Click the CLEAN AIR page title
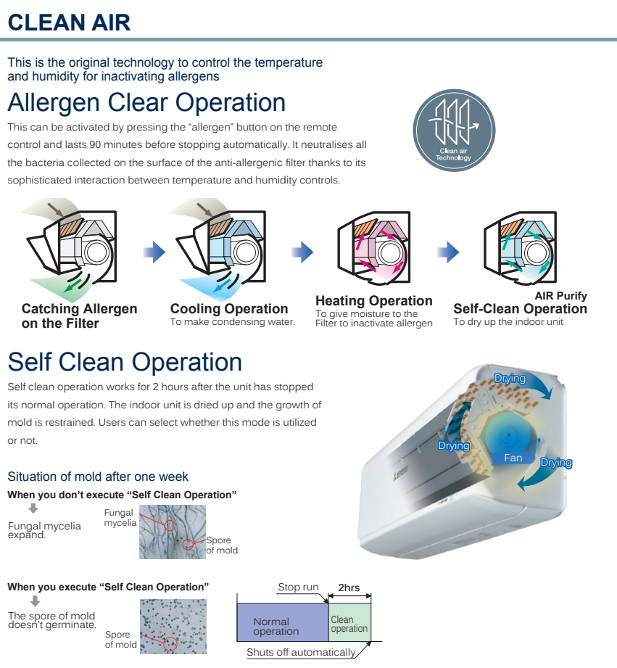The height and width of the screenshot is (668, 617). click(70, 22)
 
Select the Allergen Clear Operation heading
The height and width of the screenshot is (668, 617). click(146, 102)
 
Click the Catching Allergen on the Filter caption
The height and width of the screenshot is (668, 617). click(79, 316)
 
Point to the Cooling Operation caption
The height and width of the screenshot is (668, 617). click(229, 309)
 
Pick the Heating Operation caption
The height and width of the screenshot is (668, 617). click(373, 301)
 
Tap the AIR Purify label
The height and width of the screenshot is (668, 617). click(560, 296)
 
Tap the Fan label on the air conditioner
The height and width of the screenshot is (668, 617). click(513, 458)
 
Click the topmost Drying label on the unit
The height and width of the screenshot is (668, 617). click(510, 378)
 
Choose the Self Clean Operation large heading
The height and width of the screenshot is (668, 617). click(125, 362)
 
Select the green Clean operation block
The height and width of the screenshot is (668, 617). click(349, 624)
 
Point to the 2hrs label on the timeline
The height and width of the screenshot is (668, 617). click(349, 587)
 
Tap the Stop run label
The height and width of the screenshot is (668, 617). click(298, 587)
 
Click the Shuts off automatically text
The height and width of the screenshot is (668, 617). click(301, 652)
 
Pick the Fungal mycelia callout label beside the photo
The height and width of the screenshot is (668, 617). click(120, 518)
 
